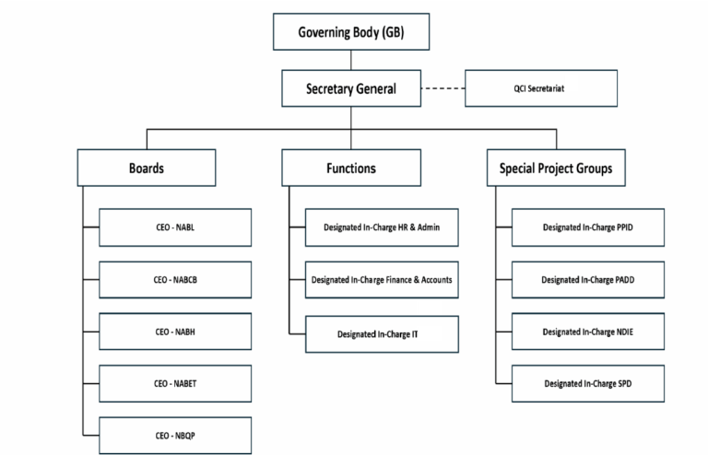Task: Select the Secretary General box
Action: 351,89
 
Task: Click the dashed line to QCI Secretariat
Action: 443,89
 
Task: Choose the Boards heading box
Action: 147,169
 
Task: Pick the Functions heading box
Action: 351,169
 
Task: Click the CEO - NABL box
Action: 174,227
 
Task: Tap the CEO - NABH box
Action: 174,332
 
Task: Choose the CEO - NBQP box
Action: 174,435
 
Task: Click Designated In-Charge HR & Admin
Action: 382,227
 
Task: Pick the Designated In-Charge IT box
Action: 382,332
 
